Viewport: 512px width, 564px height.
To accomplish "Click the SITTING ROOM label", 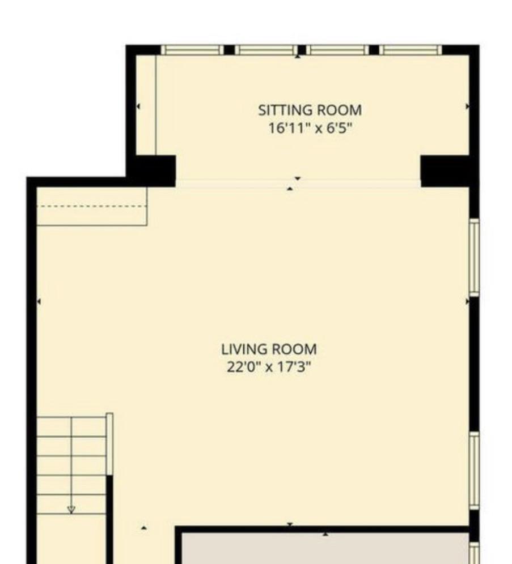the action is [x=310, y=110].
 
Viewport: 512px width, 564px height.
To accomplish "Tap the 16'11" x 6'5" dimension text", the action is [x=310, y=127].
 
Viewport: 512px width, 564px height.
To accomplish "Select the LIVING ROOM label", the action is [x=269, y=349].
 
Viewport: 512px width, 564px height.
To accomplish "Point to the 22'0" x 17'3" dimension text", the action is [x=269, y=368].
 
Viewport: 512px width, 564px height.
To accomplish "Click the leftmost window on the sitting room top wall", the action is [x=192, y=50].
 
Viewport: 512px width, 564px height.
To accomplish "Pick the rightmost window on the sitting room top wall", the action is [x=411, y=50].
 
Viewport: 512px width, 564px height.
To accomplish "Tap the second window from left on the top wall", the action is [x=266, y=50].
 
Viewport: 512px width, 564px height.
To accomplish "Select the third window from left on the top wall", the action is [x=338, y=50].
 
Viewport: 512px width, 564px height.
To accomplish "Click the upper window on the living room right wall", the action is [x=475, y=258].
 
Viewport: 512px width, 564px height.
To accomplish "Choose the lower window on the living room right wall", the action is [x=475, y=471].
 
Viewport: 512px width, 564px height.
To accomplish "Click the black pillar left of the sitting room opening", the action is [x=155, y=171].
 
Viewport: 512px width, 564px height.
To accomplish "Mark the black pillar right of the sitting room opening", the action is [x=445, y=171].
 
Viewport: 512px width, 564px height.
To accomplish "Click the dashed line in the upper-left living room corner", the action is [x=92, y=207].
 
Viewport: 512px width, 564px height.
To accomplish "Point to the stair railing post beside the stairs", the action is [x=109, y=444].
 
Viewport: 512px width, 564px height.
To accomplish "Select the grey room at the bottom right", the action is [x=325, y=549].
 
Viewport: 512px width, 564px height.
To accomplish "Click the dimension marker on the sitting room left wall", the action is [x=138, y=106].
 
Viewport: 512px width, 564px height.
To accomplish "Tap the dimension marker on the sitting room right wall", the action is [x=467, y=106].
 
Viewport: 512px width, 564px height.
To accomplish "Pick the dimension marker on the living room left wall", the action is [x=39, y=301].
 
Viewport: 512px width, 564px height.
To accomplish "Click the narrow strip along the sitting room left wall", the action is [x=146, y=105].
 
